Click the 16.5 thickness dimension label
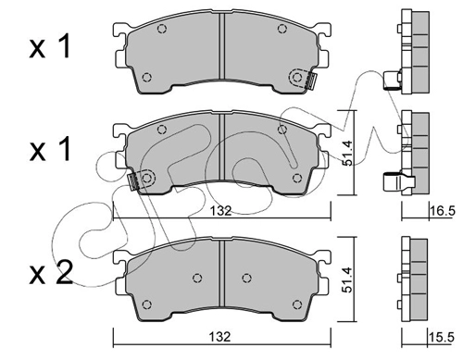coord(443,211)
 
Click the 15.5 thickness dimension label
coord(442,338)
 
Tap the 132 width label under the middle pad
coord(220,211)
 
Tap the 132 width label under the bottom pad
coord(219,337)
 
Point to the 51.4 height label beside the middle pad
coord(347,153)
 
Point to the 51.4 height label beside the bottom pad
coord(347,279)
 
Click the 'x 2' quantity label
coord(51,273)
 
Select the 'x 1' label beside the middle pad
coord(50,149)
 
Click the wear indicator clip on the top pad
coord(310,81)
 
